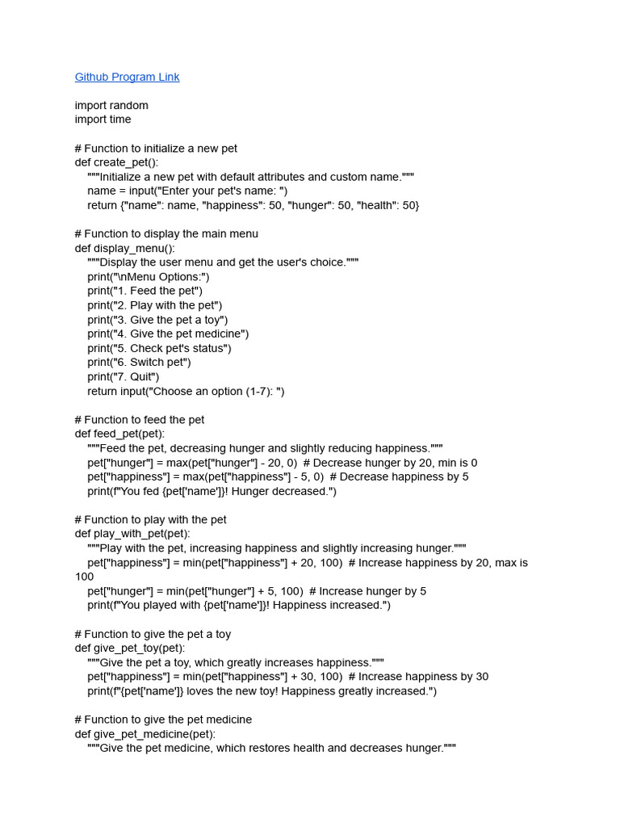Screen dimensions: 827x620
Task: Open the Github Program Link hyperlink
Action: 127,77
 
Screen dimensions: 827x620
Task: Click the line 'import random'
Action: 111,105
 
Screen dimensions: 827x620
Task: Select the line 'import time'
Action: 103,120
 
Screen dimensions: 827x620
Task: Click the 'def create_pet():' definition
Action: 116,162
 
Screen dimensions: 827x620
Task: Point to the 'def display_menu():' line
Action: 124,248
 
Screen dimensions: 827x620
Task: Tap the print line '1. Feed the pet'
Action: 145,291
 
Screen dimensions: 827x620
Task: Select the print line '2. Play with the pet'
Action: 155,305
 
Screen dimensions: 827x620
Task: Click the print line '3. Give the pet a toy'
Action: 157,320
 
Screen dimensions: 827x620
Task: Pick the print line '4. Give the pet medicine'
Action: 168,334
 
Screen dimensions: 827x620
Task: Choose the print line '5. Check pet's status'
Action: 159,348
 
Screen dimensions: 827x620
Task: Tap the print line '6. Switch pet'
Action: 140,363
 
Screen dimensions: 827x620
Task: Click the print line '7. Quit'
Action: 124,376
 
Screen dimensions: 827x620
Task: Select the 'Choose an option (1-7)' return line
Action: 186,391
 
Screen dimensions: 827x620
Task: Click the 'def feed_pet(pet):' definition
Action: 119,434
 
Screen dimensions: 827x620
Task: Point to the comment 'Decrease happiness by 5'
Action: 400,476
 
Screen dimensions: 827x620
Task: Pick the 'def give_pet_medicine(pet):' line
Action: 145,734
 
